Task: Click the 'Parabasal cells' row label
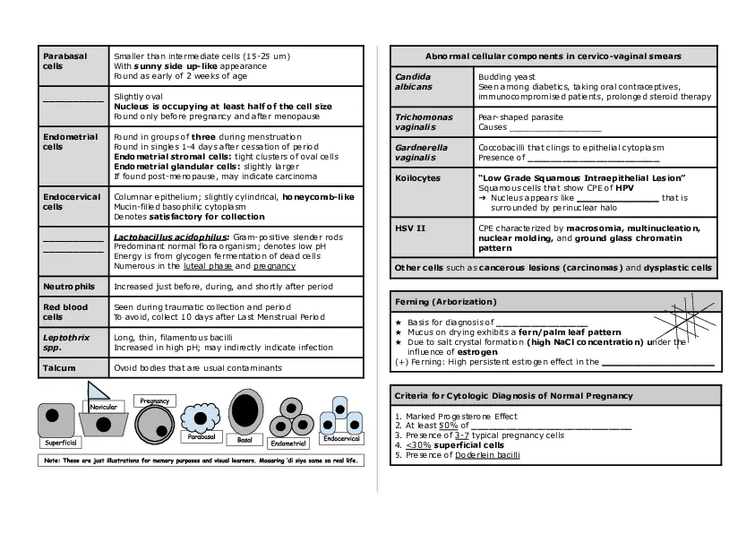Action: (65, 61)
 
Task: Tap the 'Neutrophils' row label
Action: (69, 287)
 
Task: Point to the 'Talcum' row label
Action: (59, 367)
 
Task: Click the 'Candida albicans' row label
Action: (413, 82)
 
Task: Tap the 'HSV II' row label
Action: (410, 228)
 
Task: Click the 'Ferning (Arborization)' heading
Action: (446, 302)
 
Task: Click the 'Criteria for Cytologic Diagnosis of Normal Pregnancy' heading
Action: (514, 395)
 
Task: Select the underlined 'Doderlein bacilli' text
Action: (488, 455)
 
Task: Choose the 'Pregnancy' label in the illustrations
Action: (154, 400)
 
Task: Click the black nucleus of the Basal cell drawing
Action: (245, 409)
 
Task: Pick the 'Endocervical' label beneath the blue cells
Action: (341, 439)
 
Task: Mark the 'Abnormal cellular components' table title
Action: (553, 56)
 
